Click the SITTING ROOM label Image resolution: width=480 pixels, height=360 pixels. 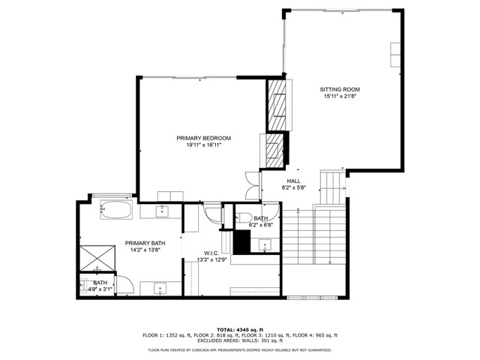340,89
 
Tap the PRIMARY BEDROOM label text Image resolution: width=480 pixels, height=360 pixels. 203,138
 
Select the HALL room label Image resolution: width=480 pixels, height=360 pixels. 293,181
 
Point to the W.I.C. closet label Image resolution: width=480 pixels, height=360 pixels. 211,253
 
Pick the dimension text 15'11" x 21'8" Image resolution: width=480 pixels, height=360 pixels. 340,96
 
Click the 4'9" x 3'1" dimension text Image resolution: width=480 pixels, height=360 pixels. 100,289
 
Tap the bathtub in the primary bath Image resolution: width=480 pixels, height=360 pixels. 115,209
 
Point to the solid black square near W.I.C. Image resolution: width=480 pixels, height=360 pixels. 242,242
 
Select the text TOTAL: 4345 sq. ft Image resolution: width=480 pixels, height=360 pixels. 240,329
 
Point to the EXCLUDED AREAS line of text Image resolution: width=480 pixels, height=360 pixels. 240,341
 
